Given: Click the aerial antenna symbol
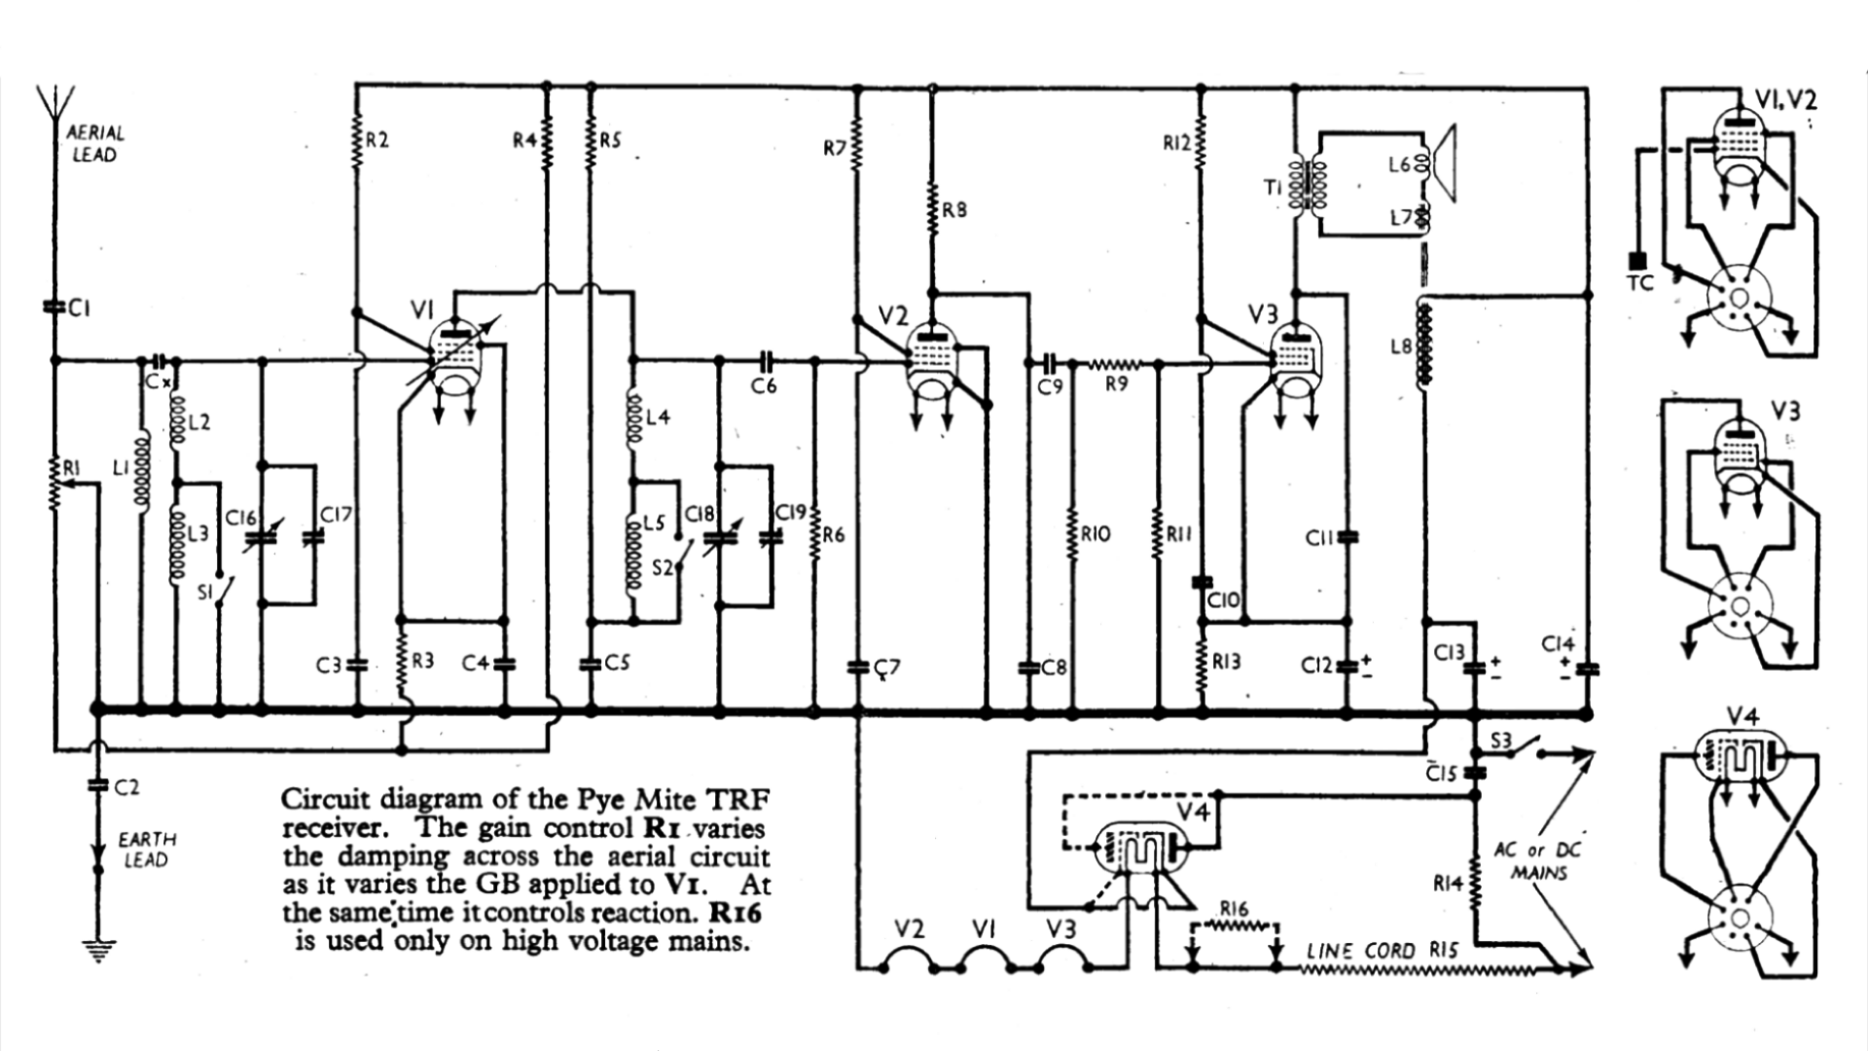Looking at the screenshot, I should coord(55,102).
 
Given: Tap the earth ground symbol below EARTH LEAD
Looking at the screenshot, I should coord(97,949).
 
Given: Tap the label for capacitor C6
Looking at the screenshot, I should coord(764,386).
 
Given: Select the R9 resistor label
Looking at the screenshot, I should coord(1116,384).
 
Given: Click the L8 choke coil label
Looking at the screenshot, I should coord(1400,346).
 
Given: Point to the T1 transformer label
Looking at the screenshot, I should coord(1274,188).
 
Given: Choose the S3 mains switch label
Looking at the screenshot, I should coord(1501,741).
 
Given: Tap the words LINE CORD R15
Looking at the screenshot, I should coord(1382,950).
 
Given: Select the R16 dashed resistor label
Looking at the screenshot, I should coord(1234,909).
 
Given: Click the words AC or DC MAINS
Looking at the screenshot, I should coord(1538,860).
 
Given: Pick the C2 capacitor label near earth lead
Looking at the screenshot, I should coord(126,787).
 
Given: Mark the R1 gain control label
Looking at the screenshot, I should coord(71,469).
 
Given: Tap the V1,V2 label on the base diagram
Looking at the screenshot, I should coord(1785,98).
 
